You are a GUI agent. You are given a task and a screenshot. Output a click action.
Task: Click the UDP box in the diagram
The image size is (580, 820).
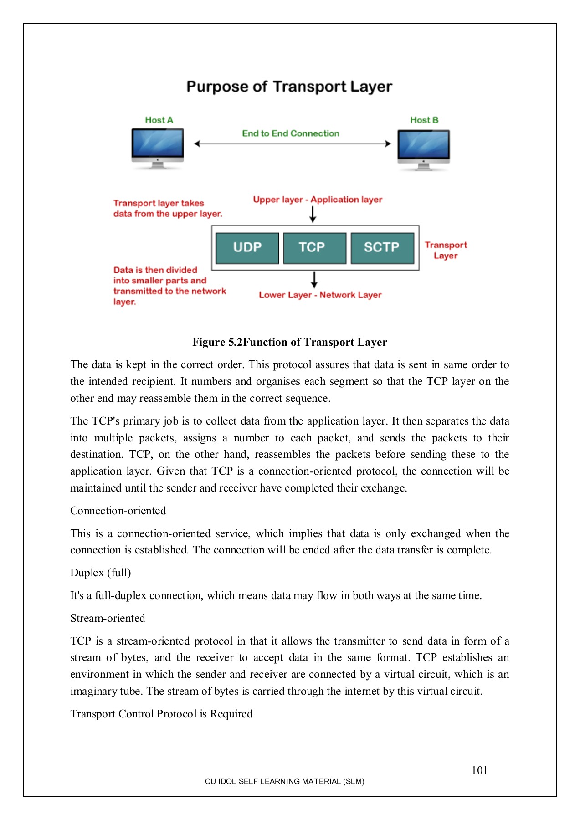pyautogui.click(x=247, y=248)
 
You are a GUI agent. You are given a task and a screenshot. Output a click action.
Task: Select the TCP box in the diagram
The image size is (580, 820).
pyautogui.click(x=314, y=248)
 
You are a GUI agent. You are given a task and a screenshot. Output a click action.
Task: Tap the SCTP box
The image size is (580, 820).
pyautogui.click(x=382, y=248)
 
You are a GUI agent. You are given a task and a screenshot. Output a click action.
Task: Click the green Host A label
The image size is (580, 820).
pyautogui.click(x=159, y=120)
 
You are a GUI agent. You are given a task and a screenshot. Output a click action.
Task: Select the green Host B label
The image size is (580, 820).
pyautogui.click(x=424, y=120)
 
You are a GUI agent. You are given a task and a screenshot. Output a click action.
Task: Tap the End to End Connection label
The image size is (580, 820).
pyautogui.click(x=291, y=133)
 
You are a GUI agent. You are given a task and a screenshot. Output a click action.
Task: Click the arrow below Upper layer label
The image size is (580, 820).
pyautogui.click(x=313, y=214)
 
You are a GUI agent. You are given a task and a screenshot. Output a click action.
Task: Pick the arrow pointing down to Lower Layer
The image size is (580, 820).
pyautogui.click(x=314, y=279)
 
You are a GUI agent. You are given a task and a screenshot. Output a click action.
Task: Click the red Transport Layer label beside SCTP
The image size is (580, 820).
pyautogui.click(x=446, y=250)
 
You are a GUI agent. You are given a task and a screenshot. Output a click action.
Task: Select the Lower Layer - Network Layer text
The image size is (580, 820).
pyautogui.click(x=320, y=295)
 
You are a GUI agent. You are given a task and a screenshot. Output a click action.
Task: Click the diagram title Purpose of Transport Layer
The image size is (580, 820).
pyautogui.click(x=289, y=87)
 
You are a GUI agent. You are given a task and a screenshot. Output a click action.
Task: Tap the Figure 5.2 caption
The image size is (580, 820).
pyautogui.click(x=290, y=342)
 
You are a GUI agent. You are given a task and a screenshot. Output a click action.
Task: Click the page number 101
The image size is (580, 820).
pyautogui.click(x=479, y=770)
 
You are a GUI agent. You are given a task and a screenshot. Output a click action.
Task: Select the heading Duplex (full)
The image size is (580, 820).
pyautogui.click(x=101, y=573)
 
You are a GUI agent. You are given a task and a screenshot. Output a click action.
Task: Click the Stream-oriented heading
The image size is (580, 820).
pyautogui.click(x=108, y=618)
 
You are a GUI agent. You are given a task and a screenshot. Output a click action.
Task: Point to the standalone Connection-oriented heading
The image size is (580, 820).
pyautogui.click(x=118, y=511)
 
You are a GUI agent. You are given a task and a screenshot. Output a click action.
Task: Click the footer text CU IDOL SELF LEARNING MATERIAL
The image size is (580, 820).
pyautogui.click(x=284, y=781)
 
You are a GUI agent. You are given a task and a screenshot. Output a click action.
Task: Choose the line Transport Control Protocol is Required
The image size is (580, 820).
pyautogui.click(x=161, y=714)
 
